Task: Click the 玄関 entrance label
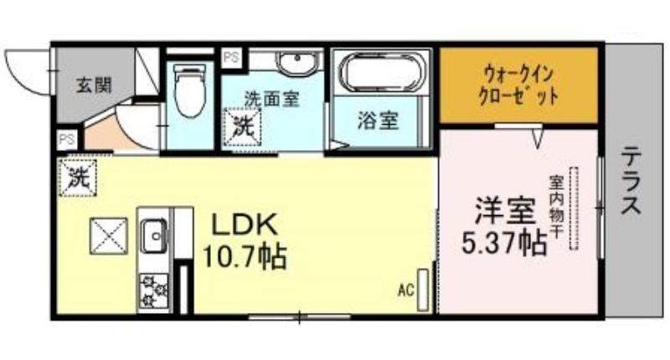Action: click(94, 85)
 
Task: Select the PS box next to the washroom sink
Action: click(232, 57)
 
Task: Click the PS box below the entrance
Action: click(67, 140)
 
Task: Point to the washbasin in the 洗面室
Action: click(298, 62)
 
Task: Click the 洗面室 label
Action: click(271, 98)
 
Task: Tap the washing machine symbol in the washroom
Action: click(242, 127)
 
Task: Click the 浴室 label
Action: click(379, 121)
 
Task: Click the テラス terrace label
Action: click(631, 180)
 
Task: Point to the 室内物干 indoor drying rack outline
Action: click(573, 208)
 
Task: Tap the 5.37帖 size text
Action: click(505, 243)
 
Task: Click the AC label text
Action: click(406, 291)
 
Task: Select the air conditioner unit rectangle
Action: click(423, 290)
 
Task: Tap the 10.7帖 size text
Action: click(243, 256)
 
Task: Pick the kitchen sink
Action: click(154, 236)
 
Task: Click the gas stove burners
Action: click(154, 291)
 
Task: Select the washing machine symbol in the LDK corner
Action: click(78, 177)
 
